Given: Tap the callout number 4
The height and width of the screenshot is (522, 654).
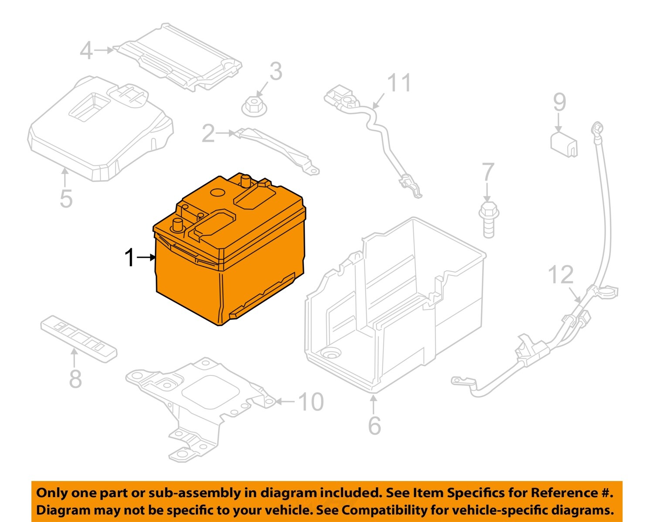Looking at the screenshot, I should coord(86,51).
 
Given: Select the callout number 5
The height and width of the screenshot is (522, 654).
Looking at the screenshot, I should coord(66,198).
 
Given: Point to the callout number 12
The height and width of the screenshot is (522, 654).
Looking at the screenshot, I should coord(560,275).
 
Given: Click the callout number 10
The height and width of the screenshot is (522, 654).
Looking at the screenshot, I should coord(311,402).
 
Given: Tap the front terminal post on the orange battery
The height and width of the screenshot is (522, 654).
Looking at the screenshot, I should coord(178,225).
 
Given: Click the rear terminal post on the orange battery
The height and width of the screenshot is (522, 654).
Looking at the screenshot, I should coord(245,180).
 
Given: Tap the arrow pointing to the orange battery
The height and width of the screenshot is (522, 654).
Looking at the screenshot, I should coord(146,257).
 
